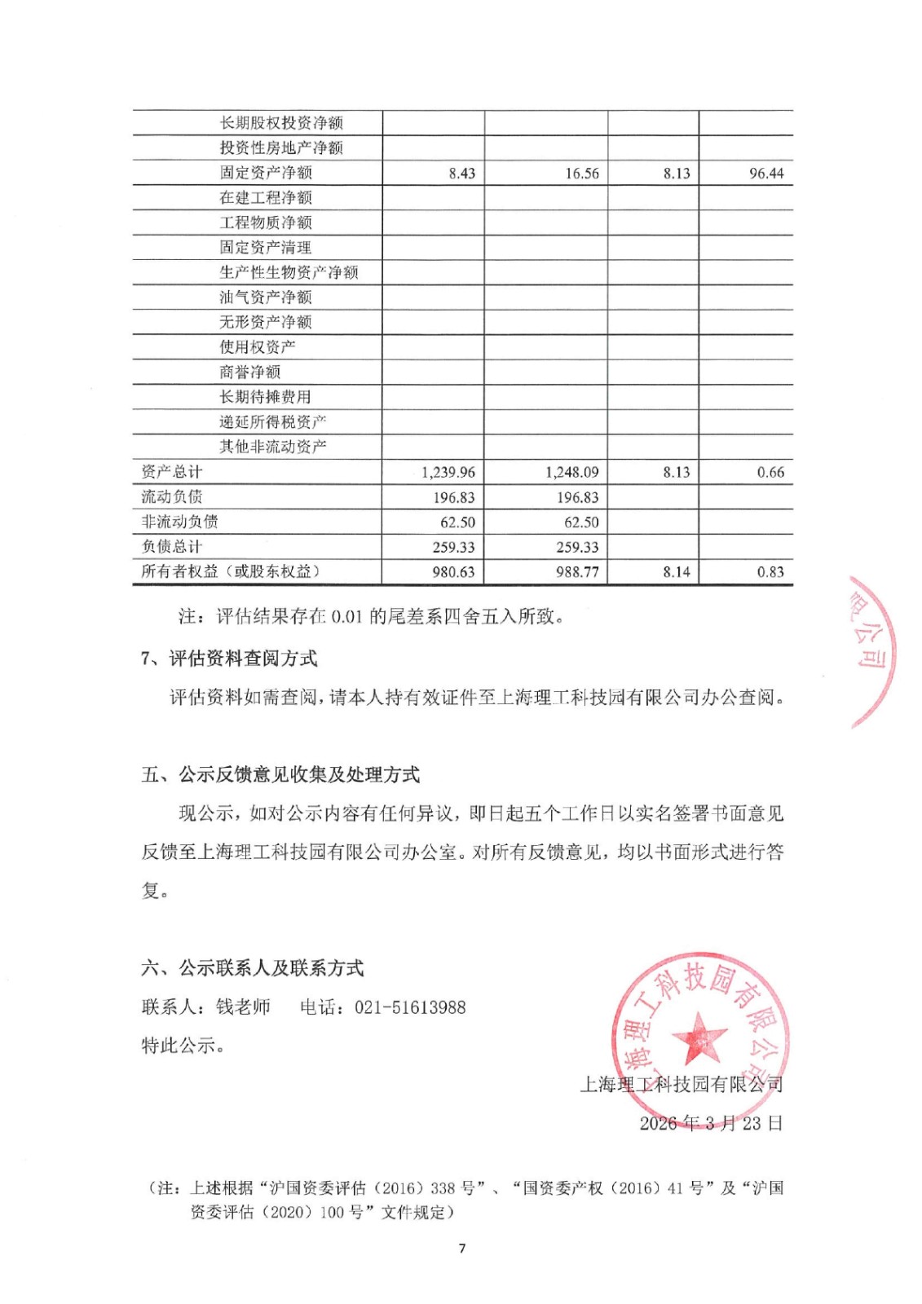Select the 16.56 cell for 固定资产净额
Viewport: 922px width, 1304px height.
(581, 173)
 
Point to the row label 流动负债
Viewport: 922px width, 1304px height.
(171, 496)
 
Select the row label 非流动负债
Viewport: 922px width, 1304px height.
(179, 522)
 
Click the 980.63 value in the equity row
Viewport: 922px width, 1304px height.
(453, 572)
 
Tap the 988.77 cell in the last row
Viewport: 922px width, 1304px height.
(577, 572)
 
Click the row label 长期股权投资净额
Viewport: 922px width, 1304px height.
(281, 123)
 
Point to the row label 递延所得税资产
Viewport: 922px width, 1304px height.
(272, 421)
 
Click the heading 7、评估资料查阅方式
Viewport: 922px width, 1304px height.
(229, 658)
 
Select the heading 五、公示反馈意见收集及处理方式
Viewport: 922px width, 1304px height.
(280, 774)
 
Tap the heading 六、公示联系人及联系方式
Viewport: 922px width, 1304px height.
(253, 968)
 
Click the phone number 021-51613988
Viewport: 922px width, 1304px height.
(410, 1007)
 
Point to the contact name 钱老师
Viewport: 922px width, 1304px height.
(243, 1007)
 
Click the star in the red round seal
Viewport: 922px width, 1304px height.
(699, 1037)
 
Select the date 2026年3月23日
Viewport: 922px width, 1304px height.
(711, 1123)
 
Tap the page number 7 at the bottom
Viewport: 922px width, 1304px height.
(462, 1249)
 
